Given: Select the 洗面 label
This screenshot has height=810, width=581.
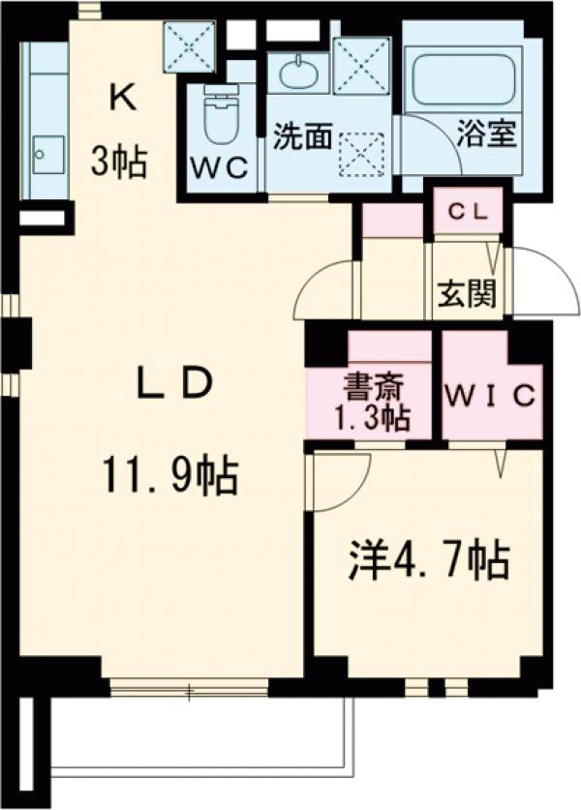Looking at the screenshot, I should click(x=302, y=136).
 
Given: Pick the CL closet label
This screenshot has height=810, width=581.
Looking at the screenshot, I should click(x=469, y=210).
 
